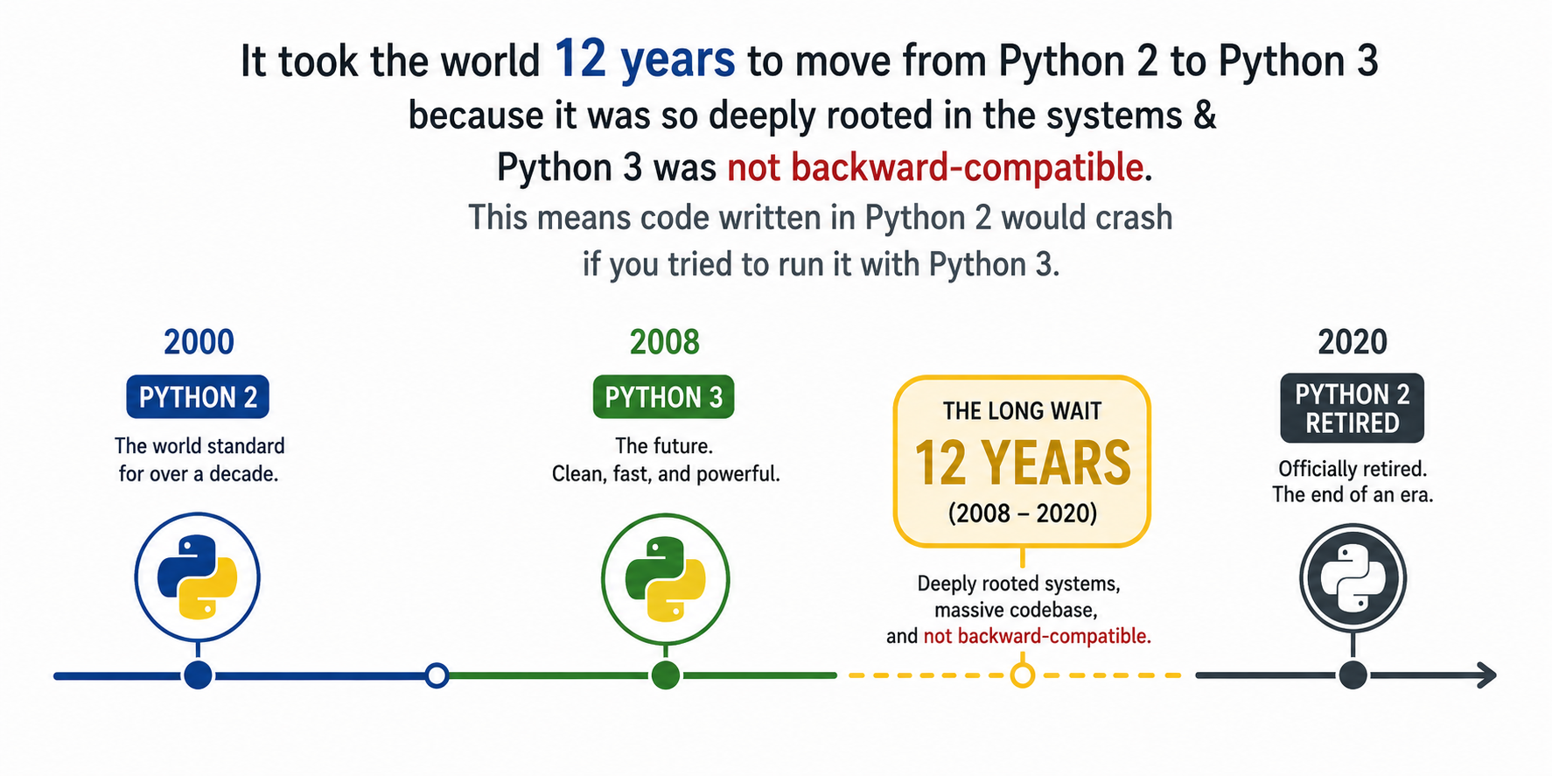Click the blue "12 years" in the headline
tap(645, 59)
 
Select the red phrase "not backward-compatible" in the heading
tap(935, 166)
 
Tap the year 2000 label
tap(199, 342)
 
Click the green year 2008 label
tap(665, 342)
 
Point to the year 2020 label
tap(1353, 342)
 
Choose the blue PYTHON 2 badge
tap(198, 397)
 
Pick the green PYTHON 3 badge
tap(664, 397)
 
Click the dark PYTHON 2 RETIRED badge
tap(1353, 409)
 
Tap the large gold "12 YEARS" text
tap(1022, 463)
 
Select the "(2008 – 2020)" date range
tap(1022, 513)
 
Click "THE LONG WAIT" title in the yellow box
tap(1022, 410)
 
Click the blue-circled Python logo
tap(198, 577)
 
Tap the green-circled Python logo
tap(666, 578)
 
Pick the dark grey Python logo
tap(1353, 578)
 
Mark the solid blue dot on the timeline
tap(199, 675)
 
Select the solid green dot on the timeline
tap(666, 675)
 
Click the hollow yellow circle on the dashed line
tap(1022, 675)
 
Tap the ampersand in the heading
tap(1205, 115)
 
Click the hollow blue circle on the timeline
tap(437, 675)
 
